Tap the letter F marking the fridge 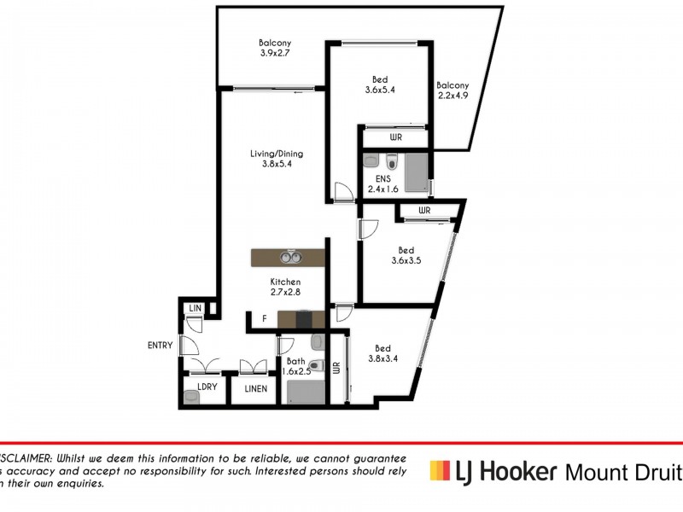(265, 319)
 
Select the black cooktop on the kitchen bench (303, 320)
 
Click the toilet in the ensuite (391, 161)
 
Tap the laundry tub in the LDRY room (190, 396)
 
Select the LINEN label (255, 389)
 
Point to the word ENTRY (160, 346)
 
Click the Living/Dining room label (276, 154)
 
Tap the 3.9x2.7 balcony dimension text (276, 53)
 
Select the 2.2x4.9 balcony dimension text (452, 96)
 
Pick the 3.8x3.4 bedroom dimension (382, 359)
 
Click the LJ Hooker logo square (439, 469)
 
